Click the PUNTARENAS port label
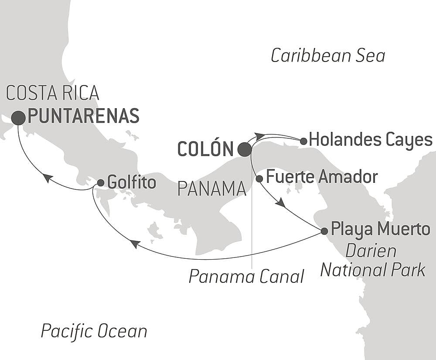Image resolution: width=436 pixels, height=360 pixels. coord(83,116)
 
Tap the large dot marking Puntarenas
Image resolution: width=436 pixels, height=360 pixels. coord(18,118)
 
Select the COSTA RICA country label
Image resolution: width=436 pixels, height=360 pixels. coord(53,93)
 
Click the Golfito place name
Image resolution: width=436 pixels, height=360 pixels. coord(132,182)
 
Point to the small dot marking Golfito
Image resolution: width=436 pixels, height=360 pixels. coord(100,183)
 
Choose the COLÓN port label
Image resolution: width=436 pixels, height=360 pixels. coord(205,150)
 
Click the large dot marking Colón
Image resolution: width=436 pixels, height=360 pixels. coord(245,150)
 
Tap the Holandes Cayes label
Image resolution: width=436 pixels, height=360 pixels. coord(370,140)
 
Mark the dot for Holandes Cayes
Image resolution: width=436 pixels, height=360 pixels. coord(303,141)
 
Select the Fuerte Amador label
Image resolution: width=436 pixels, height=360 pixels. coord(321,177)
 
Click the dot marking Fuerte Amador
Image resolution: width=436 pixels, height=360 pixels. coord(259,178)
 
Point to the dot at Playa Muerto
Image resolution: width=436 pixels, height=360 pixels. coord(324,231)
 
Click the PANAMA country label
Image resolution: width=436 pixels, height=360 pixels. coord(212,189)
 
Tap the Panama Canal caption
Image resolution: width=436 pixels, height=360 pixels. coord(246,277)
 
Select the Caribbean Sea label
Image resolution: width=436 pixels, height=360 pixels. coord(328,56)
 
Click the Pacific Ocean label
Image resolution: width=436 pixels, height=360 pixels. coord(94,331)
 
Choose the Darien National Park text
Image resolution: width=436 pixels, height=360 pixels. coord(372,261)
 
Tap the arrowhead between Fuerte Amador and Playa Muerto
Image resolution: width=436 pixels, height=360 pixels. coord(280,202)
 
